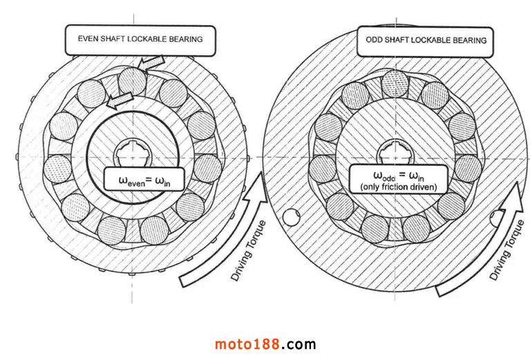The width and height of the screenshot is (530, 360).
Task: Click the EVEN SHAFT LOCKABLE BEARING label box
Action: pyautogui.click(x=138, y=39)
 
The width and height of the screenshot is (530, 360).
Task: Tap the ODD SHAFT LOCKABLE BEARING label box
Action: pyautogui.click(x=426, y=40)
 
